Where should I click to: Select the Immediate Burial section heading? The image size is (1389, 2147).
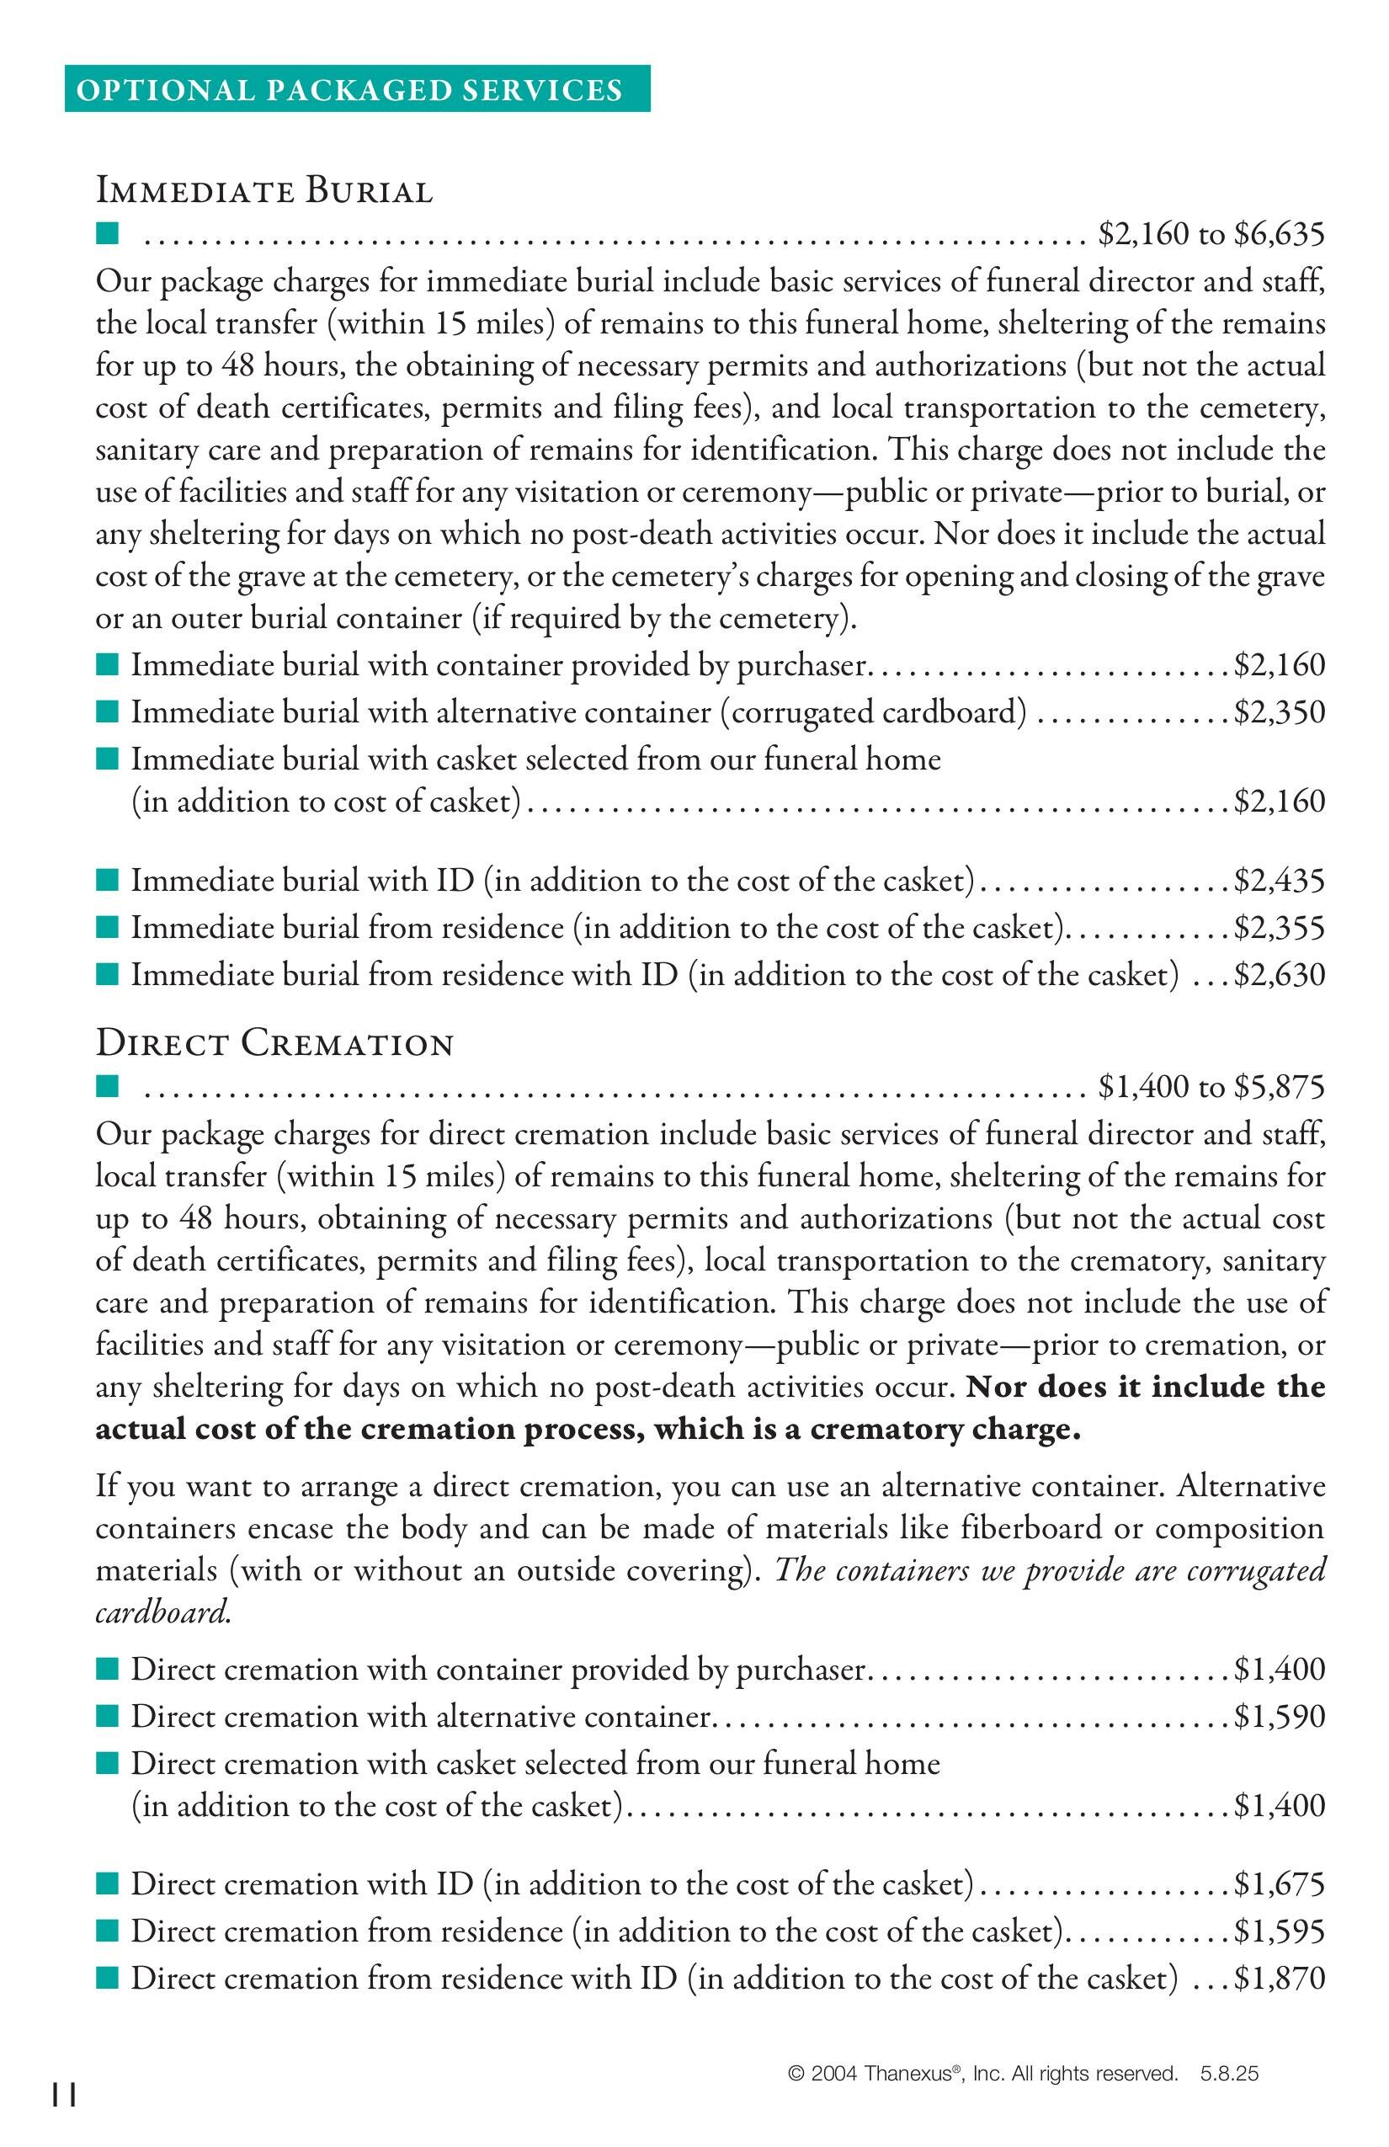tap(264, 191)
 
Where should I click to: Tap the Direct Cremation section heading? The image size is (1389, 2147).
tap(274, 1044)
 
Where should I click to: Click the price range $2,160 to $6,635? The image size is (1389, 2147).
tap(1211, 235)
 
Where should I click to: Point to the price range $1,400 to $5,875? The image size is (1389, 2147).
tap(1211, 1087)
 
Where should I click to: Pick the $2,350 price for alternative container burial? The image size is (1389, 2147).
tap(1280, 712)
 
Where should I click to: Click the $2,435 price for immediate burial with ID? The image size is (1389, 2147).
tap(1280, 881)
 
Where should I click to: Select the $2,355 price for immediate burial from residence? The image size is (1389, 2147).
tap(1280, 927)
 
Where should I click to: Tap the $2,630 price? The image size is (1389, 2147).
tap(1280, 975)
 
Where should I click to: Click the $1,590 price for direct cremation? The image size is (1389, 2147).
tap(1280, 1716)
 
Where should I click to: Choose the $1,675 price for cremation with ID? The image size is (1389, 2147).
tap(1280, 1884)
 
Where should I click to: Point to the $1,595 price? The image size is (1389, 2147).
tap(1280, 1931)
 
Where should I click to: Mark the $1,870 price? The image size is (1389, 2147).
tap(1280, 1979)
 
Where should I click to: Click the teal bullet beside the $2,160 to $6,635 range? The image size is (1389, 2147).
tap(108, 236)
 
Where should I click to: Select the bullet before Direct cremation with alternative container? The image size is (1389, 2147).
tap(108, 1714)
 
